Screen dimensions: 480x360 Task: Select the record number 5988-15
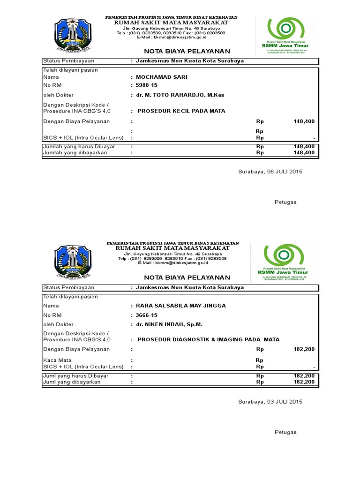(147, 85)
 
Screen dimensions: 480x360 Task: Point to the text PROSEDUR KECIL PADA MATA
(181, 111)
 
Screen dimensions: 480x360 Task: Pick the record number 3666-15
(147, 315)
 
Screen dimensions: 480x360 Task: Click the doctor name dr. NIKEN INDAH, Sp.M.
(169, 324)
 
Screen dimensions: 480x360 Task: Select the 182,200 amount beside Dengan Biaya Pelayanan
(304, 349)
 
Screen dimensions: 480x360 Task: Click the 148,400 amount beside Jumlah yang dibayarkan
(304, 152)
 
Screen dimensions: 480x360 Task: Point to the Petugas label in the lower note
(285, 432)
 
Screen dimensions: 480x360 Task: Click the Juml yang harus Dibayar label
(75, 376)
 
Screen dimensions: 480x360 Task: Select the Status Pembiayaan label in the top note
(68, 61)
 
